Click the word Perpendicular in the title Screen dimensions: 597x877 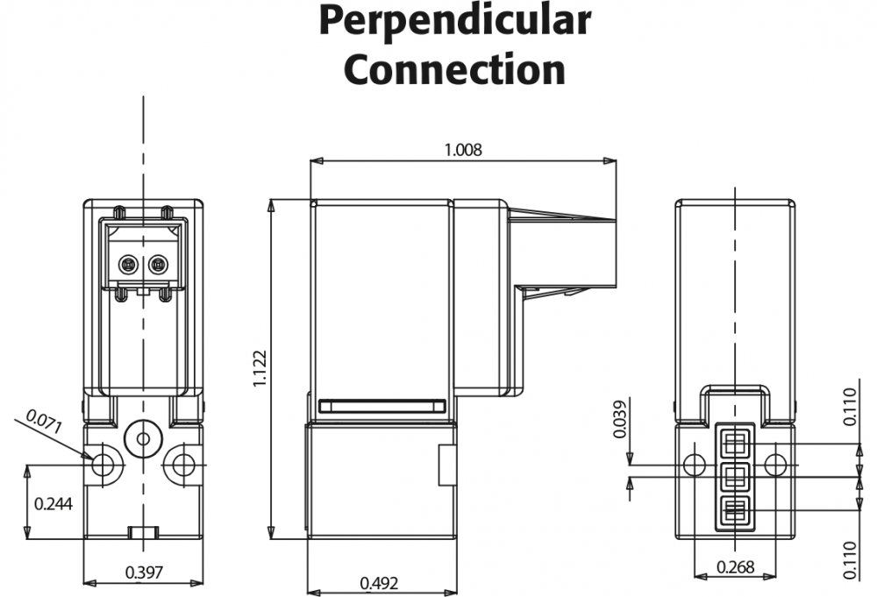(x=454, y=21)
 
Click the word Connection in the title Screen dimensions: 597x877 (x=454, y=68)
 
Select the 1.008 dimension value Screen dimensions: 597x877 (x=463, y=149)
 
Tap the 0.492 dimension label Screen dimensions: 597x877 (x=379, y=583)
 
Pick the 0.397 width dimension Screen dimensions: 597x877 (x=144, y=572)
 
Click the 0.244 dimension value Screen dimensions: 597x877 (x=53, y=504)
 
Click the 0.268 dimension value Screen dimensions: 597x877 (x=734, y=566)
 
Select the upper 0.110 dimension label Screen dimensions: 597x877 (x=849, y=407)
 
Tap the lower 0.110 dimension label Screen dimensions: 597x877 (x=849, y=560)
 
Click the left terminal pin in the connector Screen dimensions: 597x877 (x=129, y=264)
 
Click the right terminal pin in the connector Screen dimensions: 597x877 (x=158, y=264)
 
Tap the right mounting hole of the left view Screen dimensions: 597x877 (x=183, y=464)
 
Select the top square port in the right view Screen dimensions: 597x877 (x=735, y=441)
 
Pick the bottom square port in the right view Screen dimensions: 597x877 (x=735, y=510)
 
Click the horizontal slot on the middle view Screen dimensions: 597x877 (x=382, y=406)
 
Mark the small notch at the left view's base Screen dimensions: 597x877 (x=143, y=532)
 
